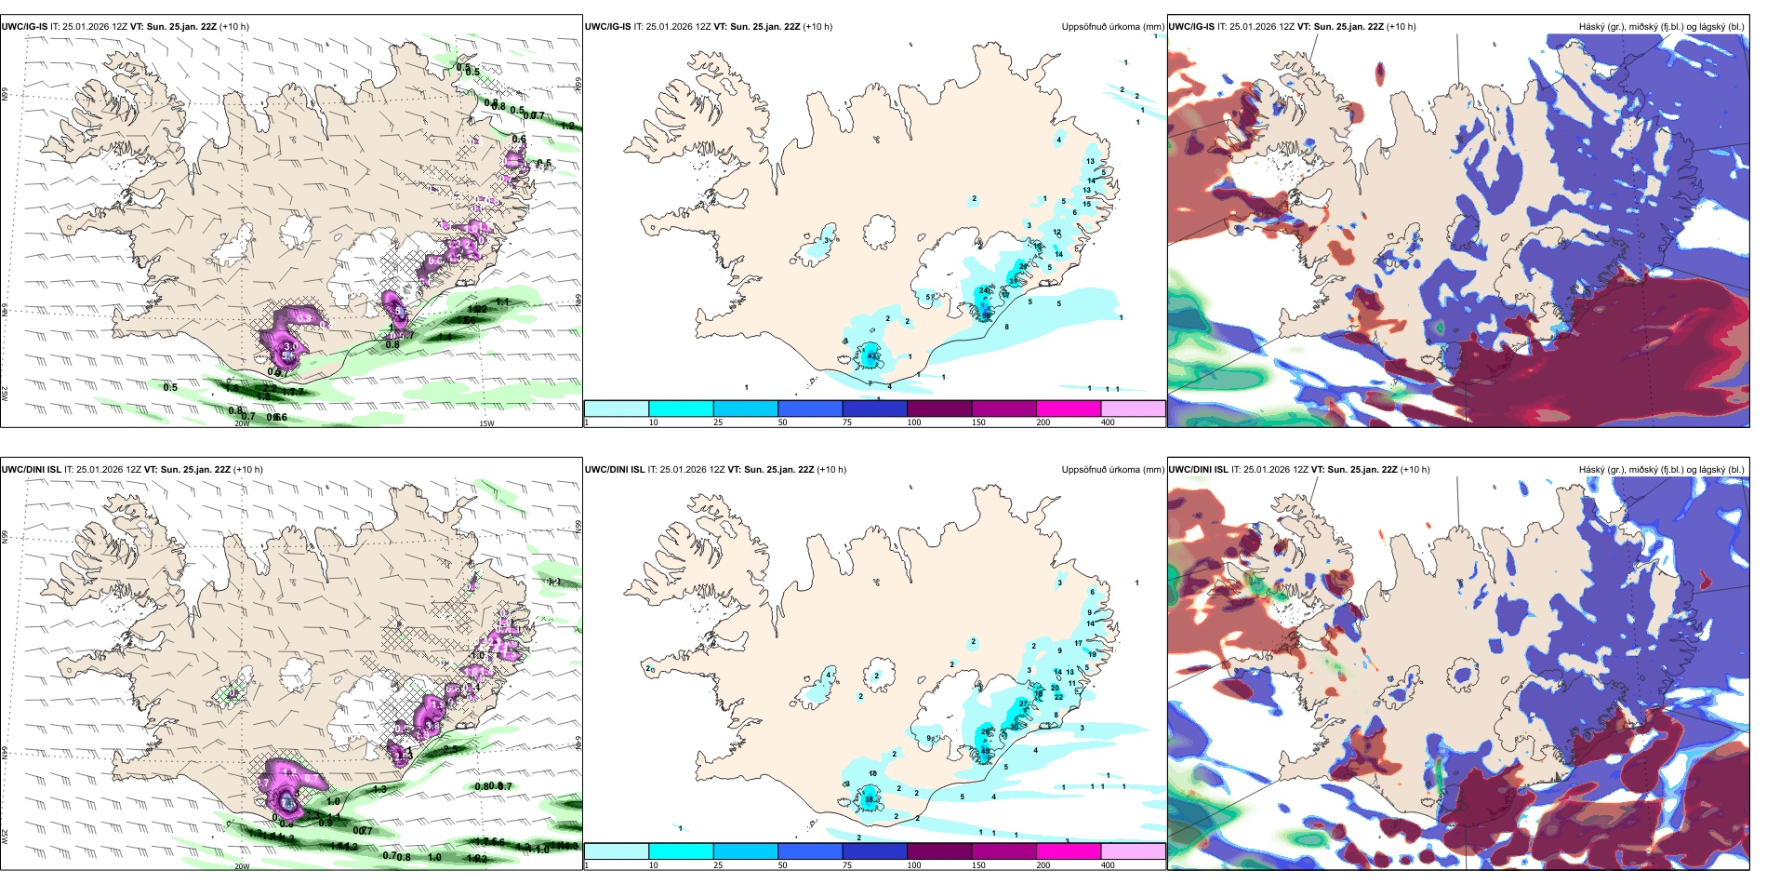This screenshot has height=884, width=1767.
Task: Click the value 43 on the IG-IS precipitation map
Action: pos(871,356)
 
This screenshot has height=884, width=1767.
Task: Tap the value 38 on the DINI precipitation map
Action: pos(870,799)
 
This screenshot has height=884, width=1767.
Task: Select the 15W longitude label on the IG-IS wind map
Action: pos(485,423)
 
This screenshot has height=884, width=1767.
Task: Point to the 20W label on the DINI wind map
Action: pos(242,866)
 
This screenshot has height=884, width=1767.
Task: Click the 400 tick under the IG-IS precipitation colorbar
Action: pos(1108,422)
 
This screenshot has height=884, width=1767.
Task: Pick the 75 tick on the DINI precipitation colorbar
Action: pos(847,865)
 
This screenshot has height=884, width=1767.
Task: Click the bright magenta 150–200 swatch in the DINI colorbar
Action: pos(1069,851)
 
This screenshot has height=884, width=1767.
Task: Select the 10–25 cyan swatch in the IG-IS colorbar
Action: pos(681,408)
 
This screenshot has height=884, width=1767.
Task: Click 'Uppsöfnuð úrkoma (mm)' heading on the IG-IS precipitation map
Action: pos(1112,27)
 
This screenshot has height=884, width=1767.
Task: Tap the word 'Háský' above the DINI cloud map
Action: pos(1591,470)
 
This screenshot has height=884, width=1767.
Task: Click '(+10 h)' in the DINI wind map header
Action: pos(247,470)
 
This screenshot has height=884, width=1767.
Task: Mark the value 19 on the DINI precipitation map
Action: pos(1092,654)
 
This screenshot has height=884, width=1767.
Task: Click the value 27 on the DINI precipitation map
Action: pos(1024,703)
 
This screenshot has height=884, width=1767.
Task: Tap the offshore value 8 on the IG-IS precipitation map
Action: pos(1006,327)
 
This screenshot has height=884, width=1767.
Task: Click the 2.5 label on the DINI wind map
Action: pos(449,749)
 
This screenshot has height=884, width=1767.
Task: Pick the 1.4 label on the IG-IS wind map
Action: pos(445,338)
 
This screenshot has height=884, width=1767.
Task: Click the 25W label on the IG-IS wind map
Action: pos(5,394)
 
